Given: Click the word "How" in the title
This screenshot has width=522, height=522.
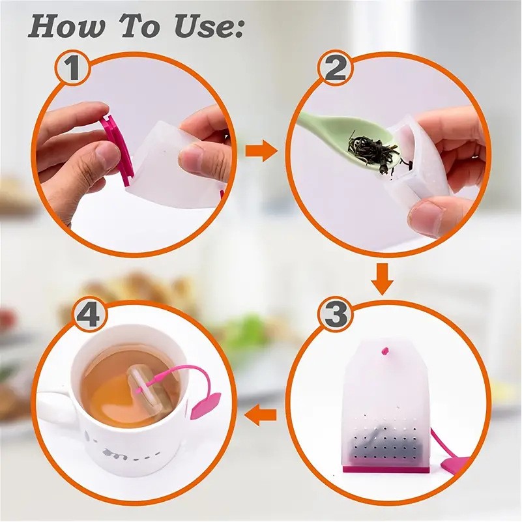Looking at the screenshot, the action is pyautogui.click(x=66, y=27).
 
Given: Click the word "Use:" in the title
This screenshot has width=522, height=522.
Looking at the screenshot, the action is pyautogui.click(x=209, y=27).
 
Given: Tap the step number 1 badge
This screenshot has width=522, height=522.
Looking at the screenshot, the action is pyautogui.click(x=72, y=69).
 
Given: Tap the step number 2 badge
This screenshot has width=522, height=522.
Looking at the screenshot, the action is pyautogui.click(x=335, y=69).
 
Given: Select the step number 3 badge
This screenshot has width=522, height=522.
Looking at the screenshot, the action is pyautogui.click(x=335, y=314).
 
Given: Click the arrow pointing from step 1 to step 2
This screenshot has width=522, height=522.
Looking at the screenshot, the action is pyautogui.click(x=261, y=151).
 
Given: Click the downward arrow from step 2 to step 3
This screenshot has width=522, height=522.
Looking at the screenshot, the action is pyautogui.click(x=382, y=279).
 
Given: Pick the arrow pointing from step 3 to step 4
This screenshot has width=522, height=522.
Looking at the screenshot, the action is pyautogui.click(x=261, y=415).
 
